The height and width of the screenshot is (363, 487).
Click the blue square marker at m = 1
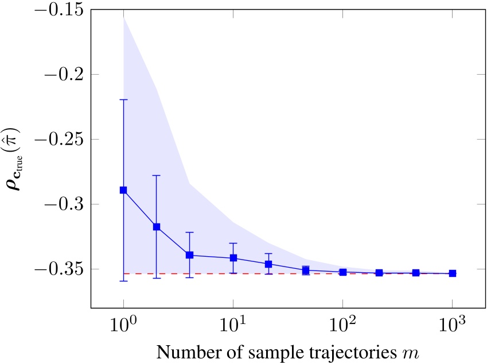pyautogui.click(x=123, y=190)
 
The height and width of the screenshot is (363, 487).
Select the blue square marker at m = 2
pyautogui.click(x=156, y=227)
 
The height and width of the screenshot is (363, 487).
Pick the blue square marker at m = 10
pyautogui.click(x=233, y=258)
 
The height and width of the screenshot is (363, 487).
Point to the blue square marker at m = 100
pyautogui.click(x=342, y=272)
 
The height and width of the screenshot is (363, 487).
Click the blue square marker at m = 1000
pyautogui.click(x=452, y=273)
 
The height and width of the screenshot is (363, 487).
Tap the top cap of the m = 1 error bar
pyautogui.click(x=123, y=100)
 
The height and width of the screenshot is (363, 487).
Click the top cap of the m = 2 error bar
pyautogui.click(x=156, y=175)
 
